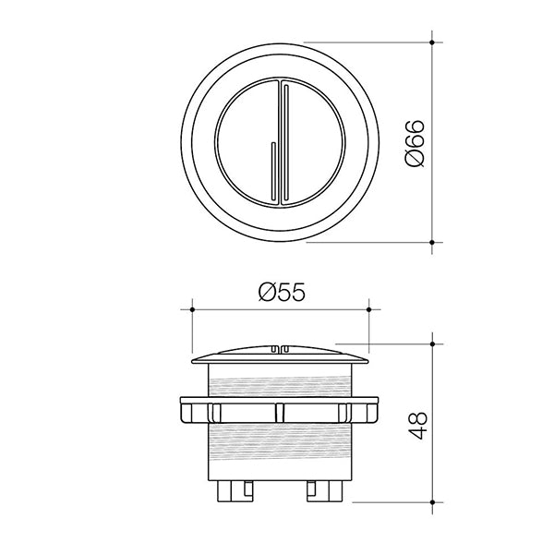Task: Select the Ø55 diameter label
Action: pos(279,293)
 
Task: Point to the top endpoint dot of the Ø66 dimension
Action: pos(433,42)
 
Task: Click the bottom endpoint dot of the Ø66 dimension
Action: pos(433,244)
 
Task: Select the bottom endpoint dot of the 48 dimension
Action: pos(433,502)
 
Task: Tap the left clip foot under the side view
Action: pos(233,490)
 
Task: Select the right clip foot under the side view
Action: pos(325,490)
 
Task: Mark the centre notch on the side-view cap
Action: pos(280,349)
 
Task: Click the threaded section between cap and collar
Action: pos(280,382)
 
